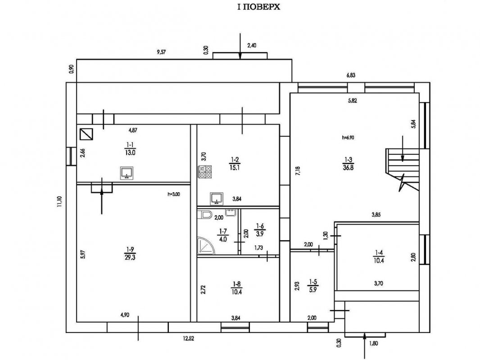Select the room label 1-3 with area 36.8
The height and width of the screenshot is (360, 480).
[348, 162]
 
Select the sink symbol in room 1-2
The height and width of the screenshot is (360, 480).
[217, 198]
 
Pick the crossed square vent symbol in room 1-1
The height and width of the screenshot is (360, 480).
[86, 134]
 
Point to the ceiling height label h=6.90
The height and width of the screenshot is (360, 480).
[348, 138]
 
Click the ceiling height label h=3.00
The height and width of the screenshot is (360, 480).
[173, 194]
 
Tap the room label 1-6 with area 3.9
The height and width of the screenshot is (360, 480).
[260, 229]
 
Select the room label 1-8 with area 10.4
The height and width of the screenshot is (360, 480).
[236, 287]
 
